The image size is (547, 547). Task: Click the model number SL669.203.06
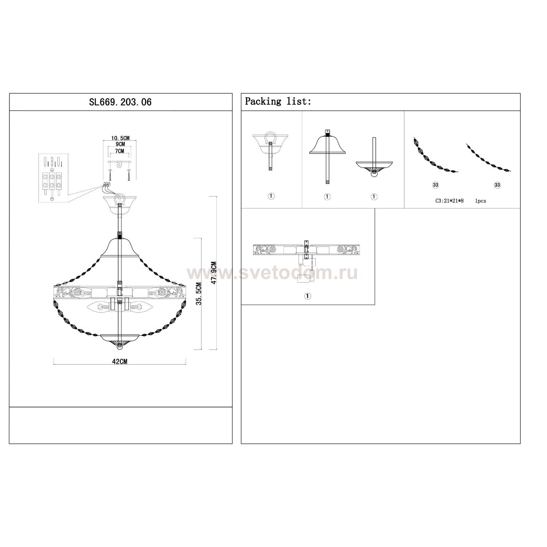(x=120, y=102)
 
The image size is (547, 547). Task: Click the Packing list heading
(x=278, y=101)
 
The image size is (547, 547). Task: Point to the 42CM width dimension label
(x=120, y=361)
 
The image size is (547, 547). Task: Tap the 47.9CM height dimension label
(x=214, y=272)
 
